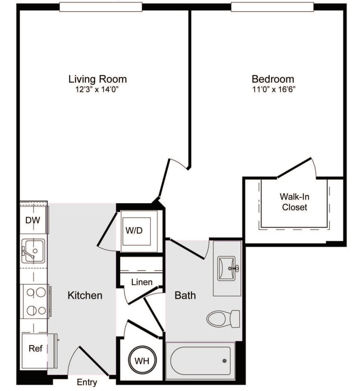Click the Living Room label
[97, 79]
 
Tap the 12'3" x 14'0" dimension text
[97, 89]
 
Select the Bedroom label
[273, 79]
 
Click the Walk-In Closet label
[294, 202]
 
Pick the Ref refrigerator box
[35, 349]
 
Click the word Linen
[142, 282]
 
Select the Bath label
[185, 295]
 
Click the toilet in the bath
[223, 318]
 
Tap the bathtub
[200, 360]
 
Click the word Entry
[87, 382]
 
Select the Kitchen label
[85, 295]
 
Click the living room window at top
[100, 7]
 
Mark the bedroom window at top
[272, 7]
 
